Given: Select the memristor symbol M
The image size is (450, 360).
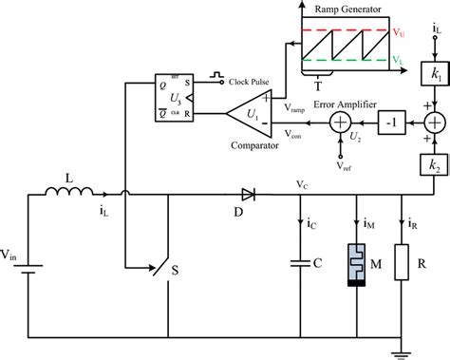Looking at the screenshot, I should pos(357,265).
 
